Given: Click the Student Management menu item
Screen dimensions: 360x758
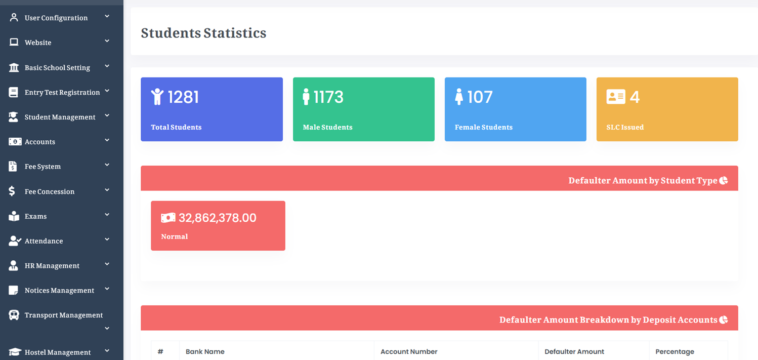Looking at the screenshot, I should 60,117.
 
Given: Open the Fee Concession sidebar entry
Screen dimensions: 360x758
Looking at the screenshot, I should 50,191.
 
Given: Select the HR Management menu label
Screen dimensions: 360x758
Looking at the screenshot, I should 52,266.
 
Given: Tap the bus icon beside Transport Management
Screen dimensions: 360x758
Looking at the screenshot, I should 14,315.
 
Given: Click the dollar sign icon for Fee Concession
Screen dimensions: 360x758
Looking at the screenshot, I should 12,191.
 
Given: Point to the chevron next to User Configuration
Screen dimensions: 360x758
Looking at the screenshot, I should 107,17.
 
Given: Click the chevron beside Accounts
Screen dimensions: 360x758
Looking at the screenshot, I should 107,140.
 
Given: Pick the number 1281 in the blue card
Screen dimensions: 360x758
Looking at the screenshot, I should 183,97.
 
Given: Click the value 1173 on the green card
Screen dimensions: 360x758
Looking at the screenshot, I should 328,97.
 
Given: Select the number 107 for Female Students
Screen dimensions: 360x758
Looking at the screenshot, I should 480,97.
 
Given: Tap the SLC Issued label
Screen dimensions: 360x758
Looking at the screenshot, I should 625,127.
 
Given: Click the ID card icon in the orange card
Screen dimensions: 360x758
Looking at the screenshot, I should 616,97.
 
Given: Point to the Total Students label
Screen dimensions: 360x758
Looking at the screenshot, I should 176,127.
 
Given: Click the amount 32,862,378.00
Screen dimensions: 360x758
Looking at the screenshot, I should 218,218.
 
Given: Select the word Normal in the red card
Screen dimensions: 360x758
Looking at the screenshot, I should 174,236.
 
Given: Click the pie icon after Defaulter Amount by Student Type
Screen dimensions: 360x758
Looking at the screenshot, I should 724,180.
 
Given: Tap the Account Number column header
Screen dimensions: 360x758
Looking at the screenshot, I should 409,351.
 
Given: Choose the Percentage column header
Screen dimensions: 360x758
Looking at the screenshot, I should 675,351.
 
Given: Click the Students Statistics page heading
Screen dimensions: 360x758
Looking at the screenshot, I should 203,33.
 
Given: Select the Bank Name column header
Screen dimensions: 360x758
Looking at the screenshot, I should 205,351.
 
